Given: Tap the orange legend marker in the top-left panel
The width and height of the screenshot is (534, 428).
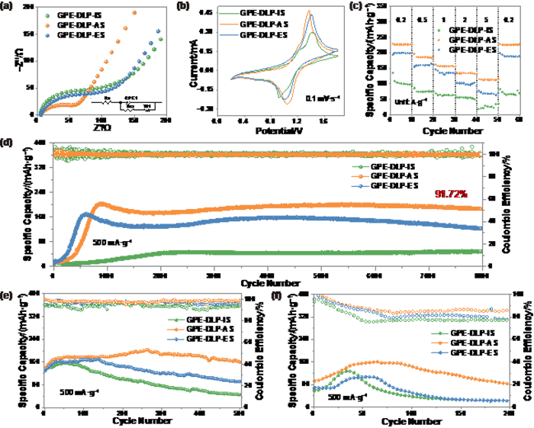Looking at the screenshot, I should pos(48,25).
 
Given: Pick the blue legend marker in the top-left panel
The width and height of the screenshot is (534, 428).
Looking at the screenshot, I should pos(48,35).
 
